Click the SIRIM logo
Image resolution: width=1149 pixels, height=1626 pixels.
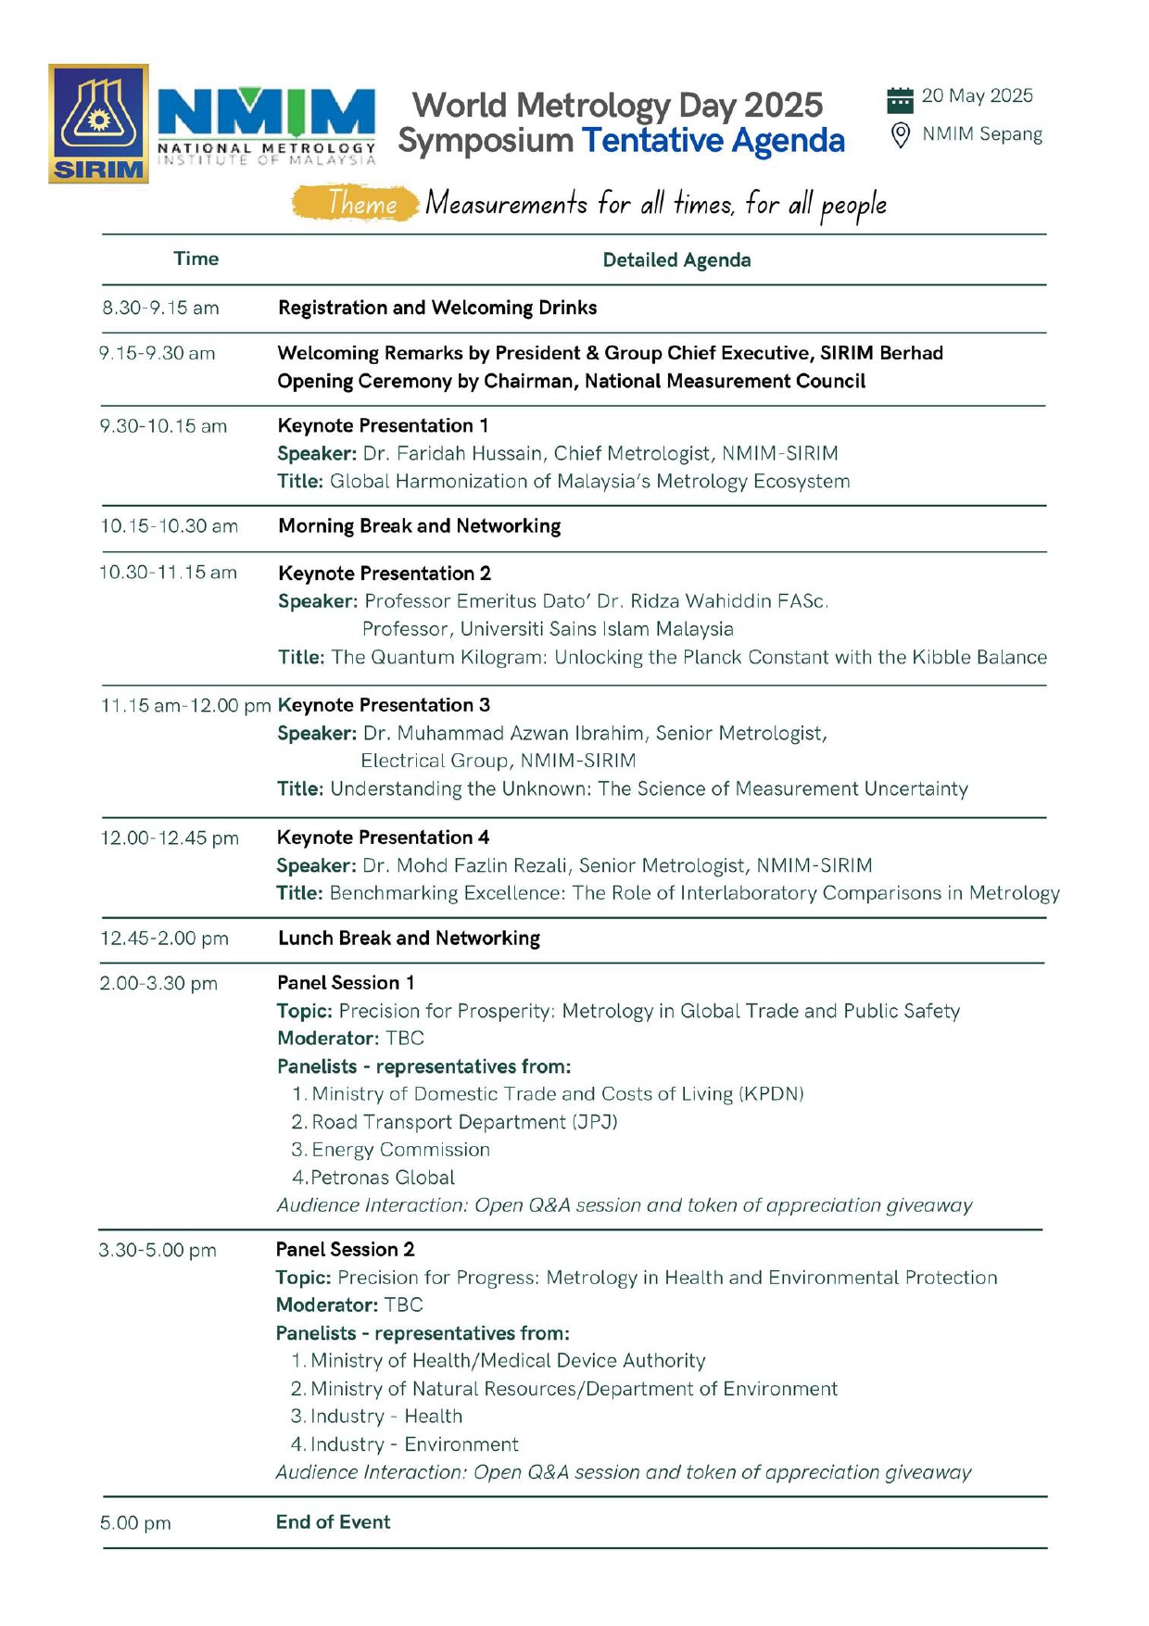98,123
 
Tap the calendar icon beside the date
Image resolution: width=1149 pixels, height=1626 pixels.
900,99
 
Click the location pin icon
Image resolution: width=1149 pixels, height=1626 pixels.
900,135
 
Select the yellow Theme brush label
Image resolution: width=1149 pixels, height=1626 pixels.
355,203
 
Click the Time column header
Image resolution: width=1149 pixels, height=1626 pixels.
196,258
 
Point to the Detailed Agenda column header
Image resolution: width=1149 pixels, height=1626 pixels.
676,260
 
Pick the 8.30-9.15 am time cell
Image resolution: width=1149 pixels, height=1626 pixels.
160,308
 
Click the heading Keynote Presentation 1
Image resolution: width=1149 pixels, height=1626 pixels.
383,425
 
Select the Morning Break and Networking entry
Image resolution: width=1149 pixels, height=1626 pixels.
419,526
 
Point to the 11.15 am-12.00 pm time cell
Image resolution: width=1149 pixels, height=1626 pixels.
185,705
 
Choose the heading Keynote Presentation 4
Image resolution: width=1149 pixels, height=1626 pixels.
383,838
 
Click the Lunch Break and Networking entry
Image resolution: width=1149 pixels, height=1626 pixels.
409,938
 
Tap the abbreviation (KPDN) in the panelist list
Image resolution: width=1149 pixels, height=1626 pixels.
771,1094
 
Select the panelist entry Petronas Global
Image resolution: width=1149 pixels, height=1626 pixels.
382,1178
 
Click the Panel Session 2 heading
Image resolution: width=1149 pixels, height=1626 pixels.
345,1249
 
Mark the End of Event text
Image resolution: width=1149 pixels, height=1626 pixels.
333,1521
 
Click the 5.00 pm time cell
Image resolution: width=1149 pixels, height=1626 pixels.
135,1523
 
